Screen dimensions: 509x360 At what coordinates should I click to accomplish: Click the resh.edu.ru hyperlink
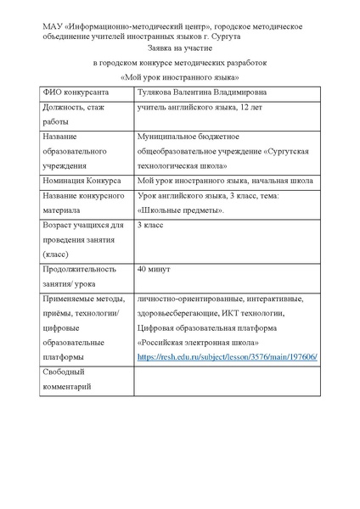point(228,358)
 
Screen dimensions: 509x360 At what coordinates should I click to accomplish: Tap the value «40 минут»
point(155,268)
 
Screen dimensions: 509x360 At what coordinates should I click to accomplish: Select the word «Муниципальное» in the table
point(169,137)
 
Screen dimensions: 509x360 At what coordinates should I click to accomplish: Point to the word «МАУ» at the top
point(53,26)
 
